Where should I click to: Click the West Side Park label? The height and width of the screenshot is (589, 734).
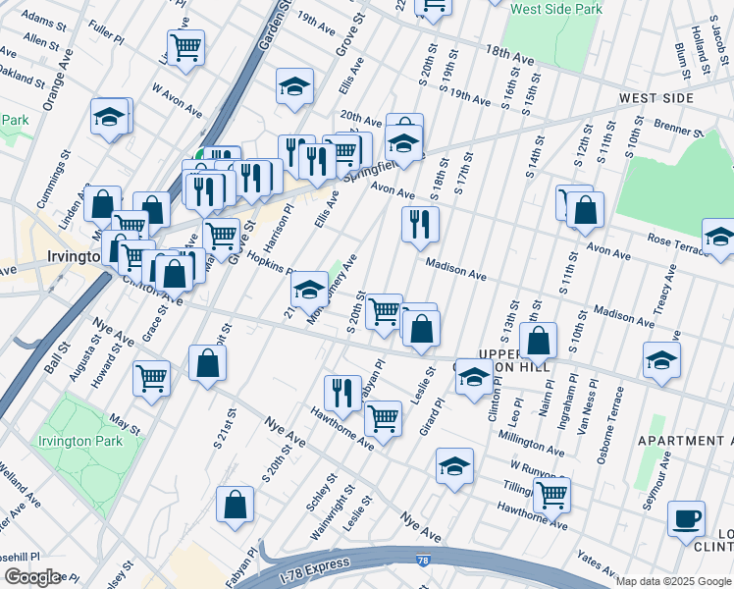click(554, 9)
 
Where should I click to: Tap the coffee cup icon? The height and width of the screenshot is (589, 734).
click(686, 517)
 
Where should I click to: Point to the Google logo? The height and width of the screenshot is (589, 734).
click(32, 577)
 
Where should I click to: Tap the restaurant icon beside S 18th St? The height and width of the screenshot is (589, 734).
click(420, 225)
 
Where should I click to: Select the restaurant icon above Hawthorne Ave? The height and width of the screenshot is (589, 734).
click(342, 392)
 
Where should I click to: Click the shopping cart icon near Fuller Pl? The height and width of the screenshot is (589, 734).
click(185, 46)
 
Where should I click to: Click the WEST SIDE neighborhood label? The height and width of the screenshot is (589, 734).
click(656, 98)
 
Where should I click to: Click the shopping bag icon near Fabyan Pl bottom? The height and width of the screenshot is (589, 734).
click(236, 507)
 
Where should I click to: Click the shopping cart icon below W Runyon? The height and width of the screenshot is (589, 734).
click(551, 494)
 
